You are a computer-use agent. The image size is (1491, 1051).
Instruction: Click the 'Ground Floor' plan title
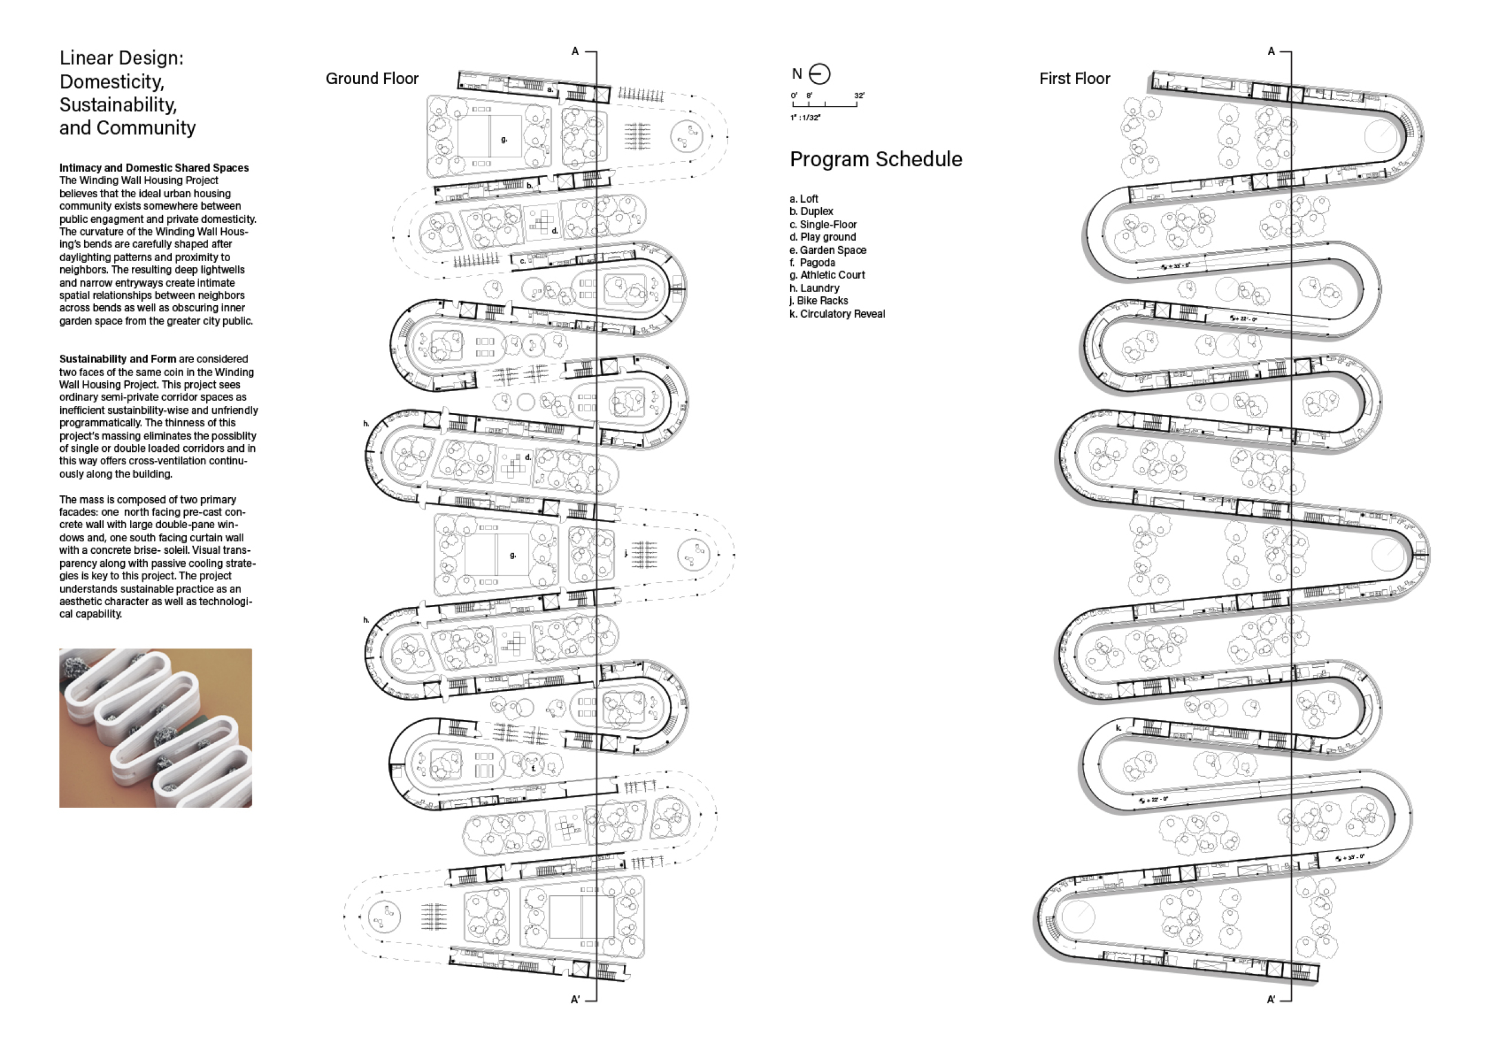click(x=372, y=79)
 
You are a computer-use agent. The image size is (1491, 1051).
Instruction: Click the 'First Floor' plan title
click(x=1074, y=79)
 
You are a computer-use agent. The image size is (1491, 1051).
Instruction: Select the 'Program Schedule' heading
click(x=876, y=159)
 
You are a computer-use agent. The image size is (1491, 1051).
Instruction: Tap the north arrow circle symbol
click(x=820, y=74)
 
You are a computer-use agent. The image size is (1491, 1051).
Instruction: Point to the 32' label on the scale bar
click(x=859, y=95)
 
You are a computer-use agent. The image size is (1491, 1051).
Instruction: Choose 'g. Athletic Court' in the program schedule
click(x=827, y=275)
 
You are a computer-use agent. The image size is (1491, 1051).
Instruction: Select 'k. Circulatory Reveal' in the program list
click(x=837, y=314)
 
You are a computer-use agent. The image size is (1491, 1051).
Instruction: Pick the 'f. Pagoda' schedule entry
click(x=812, y=263)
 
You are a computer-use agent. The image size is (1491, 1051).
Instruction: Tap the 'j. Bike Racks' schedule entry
click(x=818, y=300)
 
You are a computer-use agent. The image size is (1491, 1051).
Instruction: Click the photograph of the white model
click(x=155, y=728)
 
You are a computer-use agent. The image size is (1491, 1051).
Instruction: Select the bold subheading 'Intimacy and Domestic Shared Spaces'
click(x=154, y=168)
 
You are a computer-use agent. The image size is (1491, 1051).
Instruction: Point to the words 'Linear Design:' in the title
click(x=122, y=58)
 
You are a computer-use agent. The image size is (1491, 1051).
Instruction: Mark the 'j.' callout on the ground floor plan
click(x=626, y=553)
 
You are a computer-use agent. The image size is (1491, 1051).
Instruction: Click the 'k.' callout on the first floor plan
click(x=1118, y=728)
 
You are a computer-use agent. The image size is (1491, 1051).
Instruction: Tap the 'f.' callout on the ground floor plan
click(x=533, y=768)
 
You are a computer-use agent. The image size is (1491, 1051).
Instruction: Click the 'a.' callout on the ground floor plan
click(x=549, y=89)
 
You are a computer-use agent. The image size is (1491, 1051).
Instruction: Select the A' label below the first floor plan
click(x=1271, y=1000)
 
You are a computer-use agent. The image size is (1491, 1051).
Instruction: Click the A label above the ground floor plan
click(x=575, y=51)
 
